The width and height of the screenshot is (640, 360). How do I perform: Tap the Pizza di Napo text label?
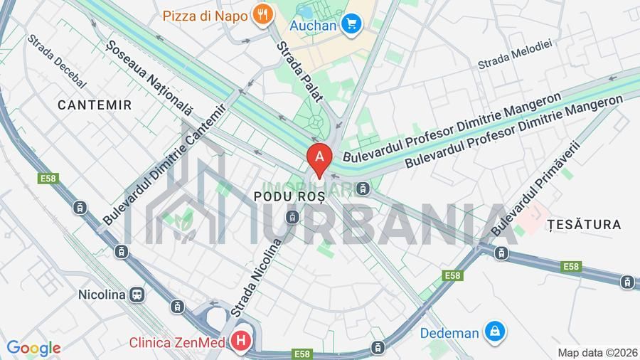point(205,15)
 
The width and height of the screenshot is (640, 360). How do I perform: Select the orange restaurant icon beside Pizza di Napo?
point(264,14)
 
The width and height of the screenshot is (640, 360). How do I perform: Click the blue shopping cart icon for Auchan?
point(350,25)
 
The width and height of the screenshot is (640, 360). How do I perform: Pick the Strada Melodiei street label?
point(515,54)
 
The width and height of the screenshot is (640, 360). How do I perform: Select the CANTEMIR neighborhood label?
point(95,105)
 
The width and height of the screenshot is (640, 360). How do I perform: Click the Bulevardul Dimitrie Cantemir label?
point(164,165)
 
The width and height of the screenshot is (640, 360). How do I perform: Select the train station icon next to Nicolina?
point(137,294)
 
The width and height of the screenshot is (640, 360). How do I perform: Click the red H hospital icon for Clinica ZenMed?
point(241,342)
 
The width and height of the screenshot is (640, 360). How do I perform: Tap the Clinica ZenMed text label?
point(178,342)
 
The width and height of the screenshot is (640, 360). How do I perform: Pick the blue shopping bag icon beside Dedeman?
point(494,331)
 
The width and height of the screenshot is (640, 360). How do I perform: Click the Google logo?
point(33,348)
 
